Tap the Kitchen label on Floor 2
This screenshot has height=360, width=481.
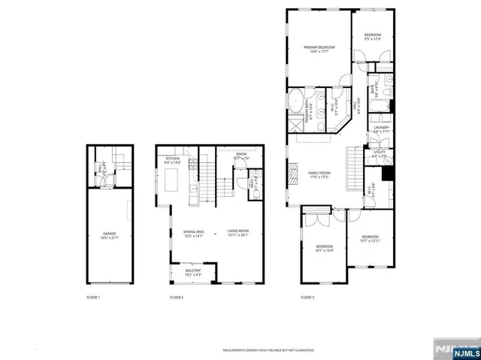(x=171, y=160)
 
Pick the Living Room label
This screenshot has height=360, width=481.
(x=238, y=234)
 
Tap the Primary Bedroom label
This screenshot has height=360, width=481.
(x=319, y=50)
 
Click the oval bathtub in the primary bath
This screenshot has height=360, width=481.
(x=295, y=100)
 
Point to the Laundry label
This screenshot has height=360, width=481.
(x=380, y=130)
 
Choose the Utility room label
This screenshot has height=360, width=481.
(x=380, y=154)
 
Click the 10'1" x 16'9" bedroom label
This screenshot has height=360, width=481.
(x=324, y=249)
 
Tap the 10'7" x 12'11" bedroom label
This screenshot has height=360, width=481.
(x=371, y=239)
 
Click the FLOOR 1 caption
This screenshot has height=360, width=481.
(x=93, y=298)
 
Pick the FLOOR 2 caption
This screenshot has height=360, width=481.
(x=177, y=298)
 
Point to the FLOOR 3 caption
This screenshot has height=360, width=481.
(x=307, y=298)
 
